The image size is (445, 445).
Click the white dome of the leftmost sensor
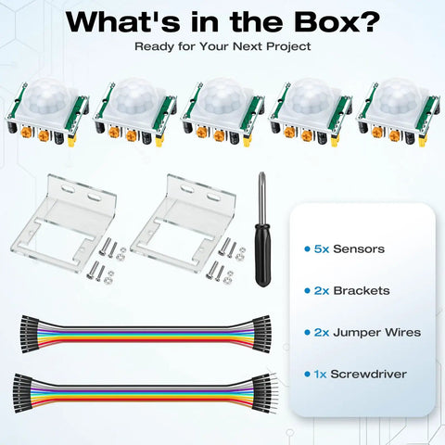[48, 96]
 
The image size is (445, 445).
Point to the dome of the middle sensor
[223, 96]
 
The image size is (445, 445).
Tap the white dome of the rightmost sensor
[399, 96]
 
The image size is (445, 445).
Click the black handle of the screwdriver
[263, 254]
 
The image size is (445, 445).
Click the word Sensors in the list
[359, 249]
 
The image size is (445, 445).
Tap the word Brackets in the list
[362, 291]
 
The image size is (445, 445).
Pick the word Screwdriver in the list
[368, 375]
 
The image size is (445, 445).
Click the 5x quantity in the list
[322, 249]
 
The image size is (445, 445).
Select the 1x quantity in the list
[321, 375]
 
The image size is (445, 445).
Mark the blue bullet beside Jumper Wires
[307, 333]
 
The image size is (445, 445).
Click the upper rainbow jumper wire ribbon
[146, 335]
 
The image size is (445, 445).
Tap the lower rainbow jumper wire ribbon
[146, 393]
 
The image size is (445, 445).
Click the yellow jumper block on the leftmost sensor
[72, 142]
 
